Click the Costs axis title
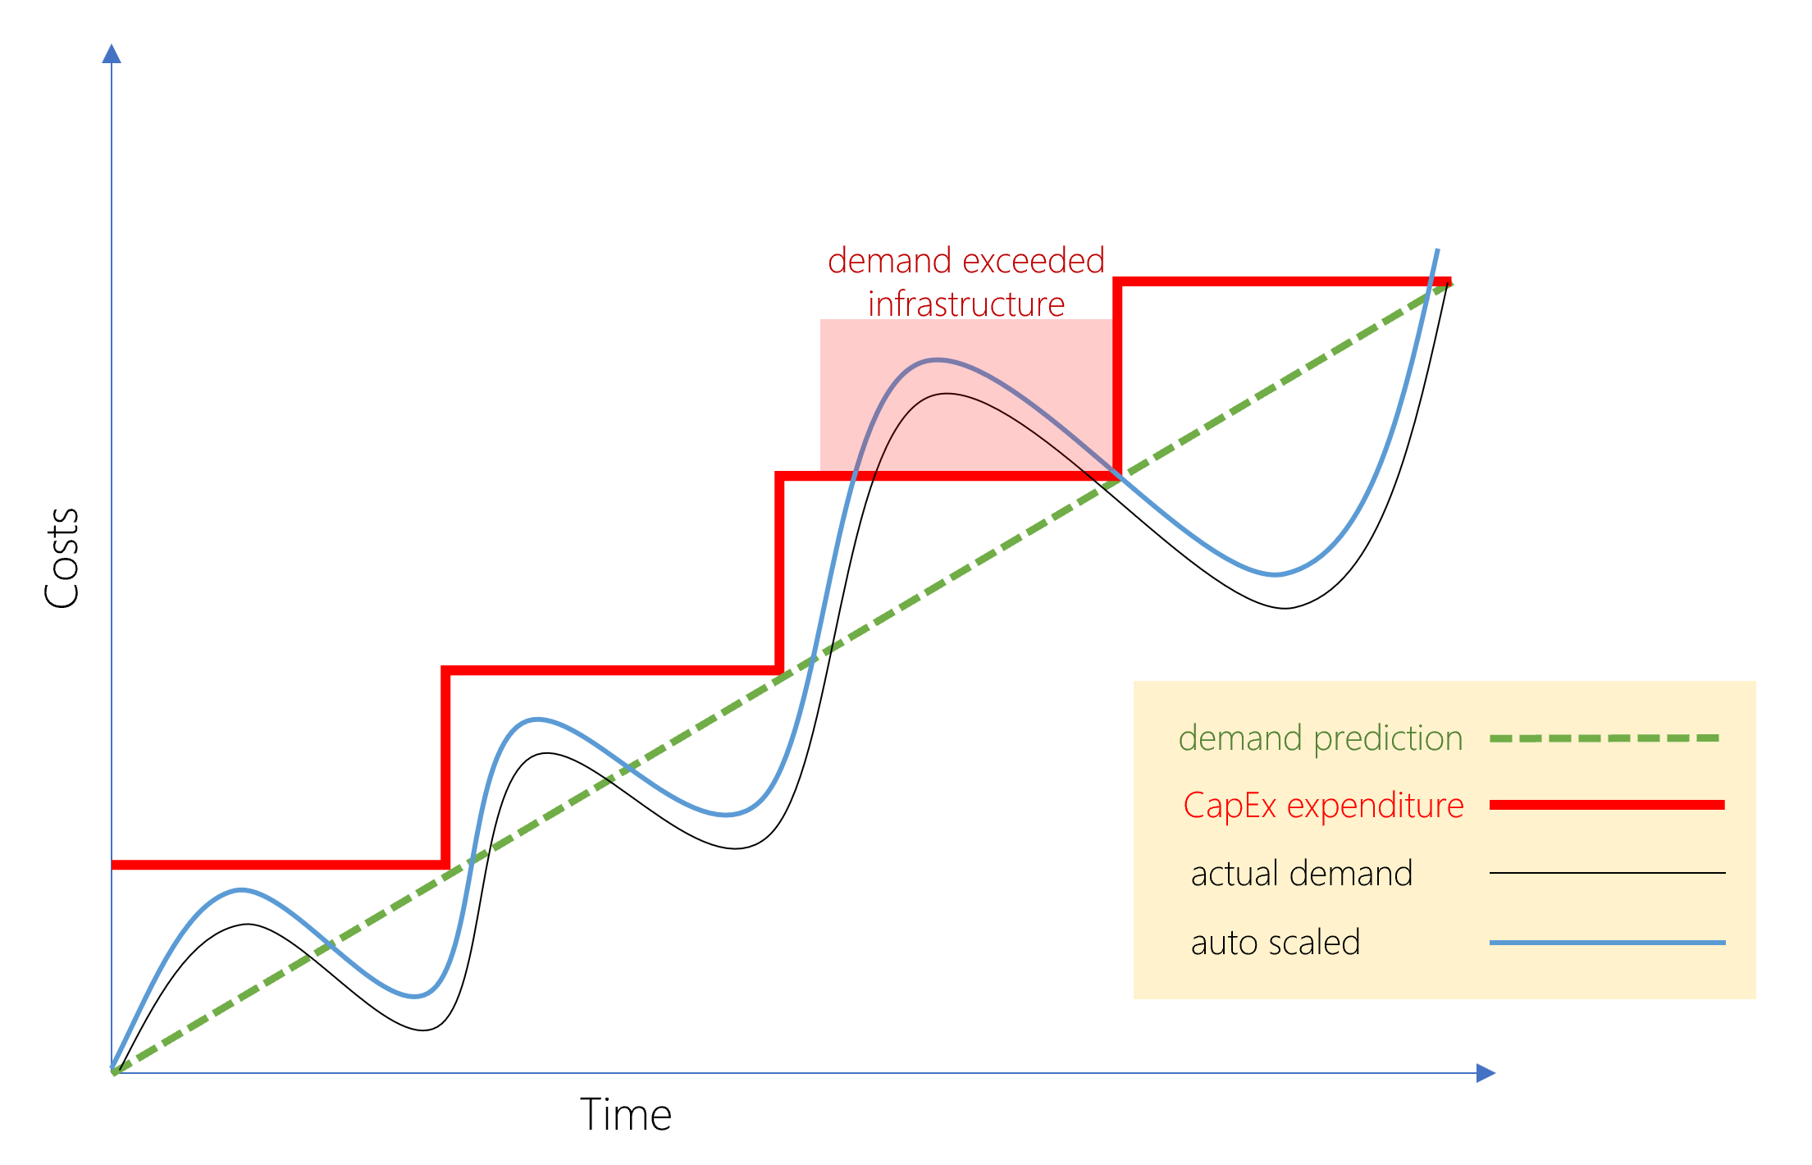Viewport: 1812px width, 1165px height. pyautogui.click(x=62, y=558)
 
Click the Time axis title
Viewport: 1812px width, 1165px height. pyautogui.click(x=626, y=1115)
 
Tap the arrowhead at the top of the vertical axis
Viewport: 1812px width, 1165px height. pyautogui.click(x=112, y=53)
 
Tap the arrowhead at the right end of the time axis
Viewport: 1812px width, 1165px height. pyautogui.click(x=1485, y=1072)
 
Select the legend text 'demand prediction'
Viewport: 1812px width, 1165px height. pyautogui.click(x=1320, y=738)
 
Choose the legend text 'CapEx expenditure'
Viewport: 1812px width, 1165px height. pyautogui.click(x=1322, y=806)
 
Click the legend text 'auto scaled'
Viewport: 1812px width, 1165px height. pyautogui.click(x=1275, y=943)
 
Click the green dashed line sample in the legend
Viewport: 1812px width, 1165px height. pyautogui.click(x=1604, y=738)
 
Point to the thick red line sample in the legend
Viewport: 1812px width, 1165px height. pyautogui.click(x=1606, y=805)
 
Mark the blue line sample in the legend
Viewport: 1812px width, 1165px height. pyautogui.click(x=1606, y=943)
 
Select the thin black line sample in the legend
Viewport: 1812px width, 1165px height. pyautogui.click(x=1606, y=873)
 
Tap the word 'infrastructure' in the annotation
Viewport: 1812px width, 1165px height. pyautogui.click(x=966, y=304)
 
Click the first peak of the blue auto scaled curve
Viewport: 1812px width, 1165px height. pyautogui.click(x=241, y=890)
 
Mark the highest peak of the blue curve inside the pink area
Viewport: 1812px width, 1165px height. pyautogui.click(x=937, y=359)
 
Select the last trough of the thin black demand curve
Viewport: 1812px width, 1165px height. pyautogui.click(x=1285, y=608)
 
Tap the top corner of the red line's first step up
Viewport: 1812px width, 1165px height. pyautogui.click(x=445, y=670)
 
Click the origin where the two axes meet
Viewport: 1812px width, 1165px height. pyautogui.click(x=112, y=1072)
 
